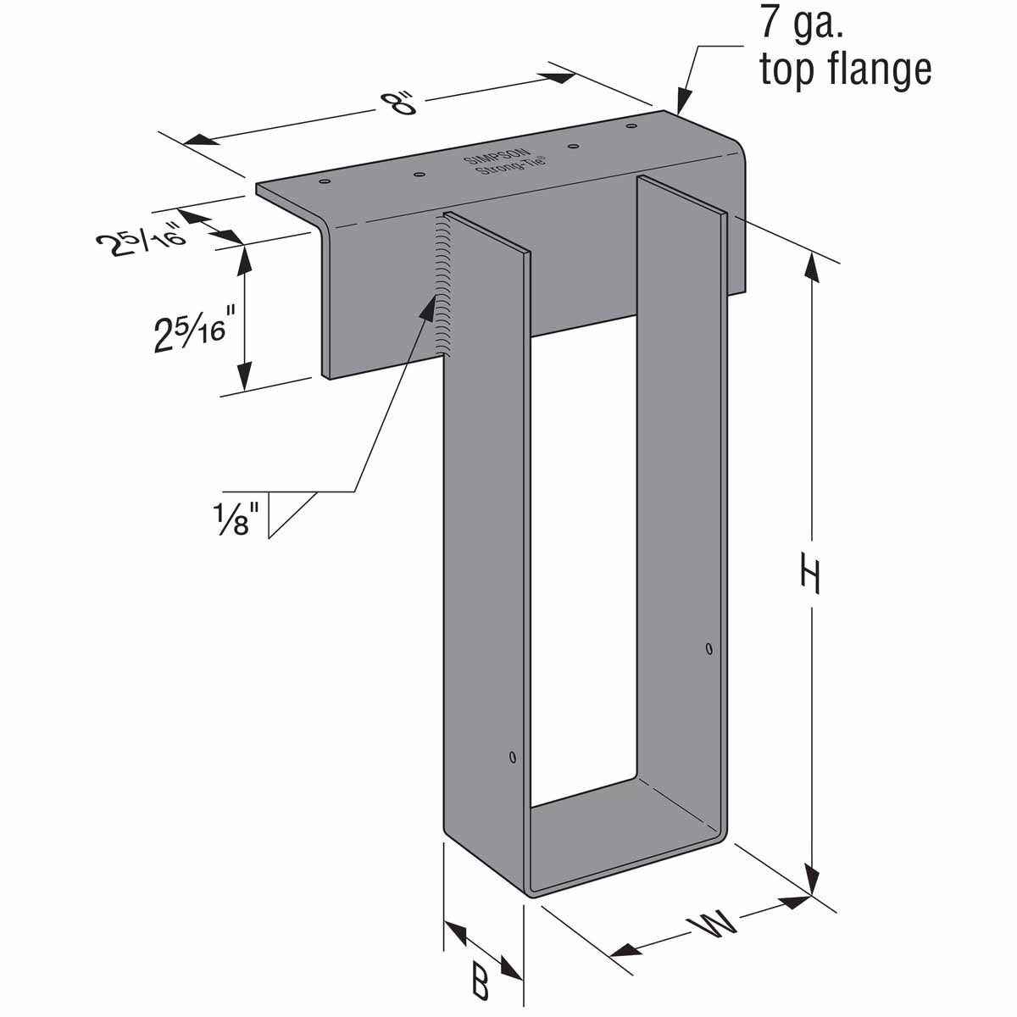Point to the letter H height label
pos(811,578)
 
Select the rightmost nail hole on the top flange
pos(631,127)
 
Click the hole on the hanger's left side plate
pos(512,755)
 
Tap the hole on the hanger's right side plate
pos(709,650)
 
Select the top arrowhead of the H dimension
pos(812,266)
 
